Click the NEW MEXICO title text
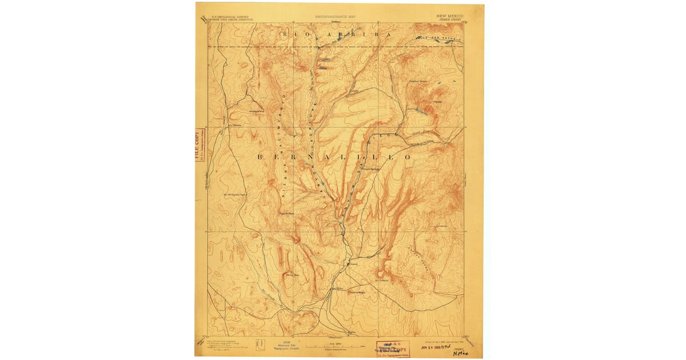click(450, 16)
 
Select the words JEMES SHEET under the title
click(450, 20)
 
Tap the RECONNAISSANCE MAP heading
click(336, 17)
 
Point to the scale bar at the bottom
click(334, 346)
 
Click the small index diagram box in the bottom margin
click(261, 345)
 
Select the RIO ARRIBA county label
click(336, 35)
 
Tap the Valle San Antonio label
click(441, 38)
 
